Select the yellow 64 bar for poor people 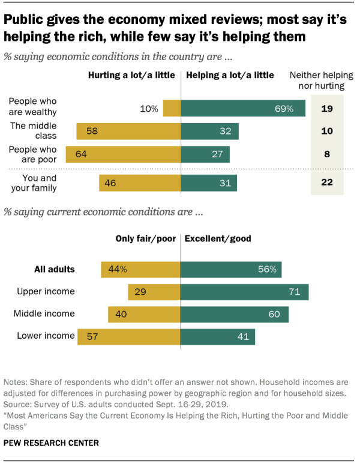(x=123, y=154)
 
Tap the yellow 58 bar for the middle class (x=128, y=132)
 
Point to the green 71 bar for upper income (x=245, y=291)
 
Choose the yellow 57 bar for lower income (x=128, y=336)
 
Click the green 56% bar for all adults (x=231, y=269)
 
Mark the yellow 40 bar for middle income (x=144, y=313)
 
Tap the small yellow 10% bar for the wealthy (x=172, y=109)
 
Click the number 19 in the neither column (x=326, y=109)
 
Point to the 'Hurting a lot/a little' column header (x=131, y=76)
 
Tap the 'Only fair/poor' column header (x=145, y=238)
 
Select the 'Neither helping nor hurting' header (x=317, y=80)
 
